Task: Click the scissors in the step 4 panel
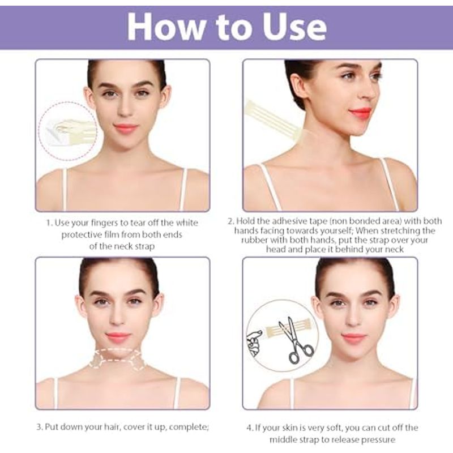click(x=296, y=340)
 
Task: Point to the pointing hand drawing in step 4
click(x=254, y=343)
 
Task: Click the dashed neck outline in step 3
click(x=118, y=359)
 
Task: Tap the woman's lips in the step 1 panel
click(x=126, y=128)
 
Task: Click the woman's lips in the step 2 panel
click(x=359, y=112)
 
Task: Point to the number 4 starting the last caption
click(x=250, y=428)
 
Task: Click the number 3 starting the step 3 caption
click(x=39, y=427)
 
